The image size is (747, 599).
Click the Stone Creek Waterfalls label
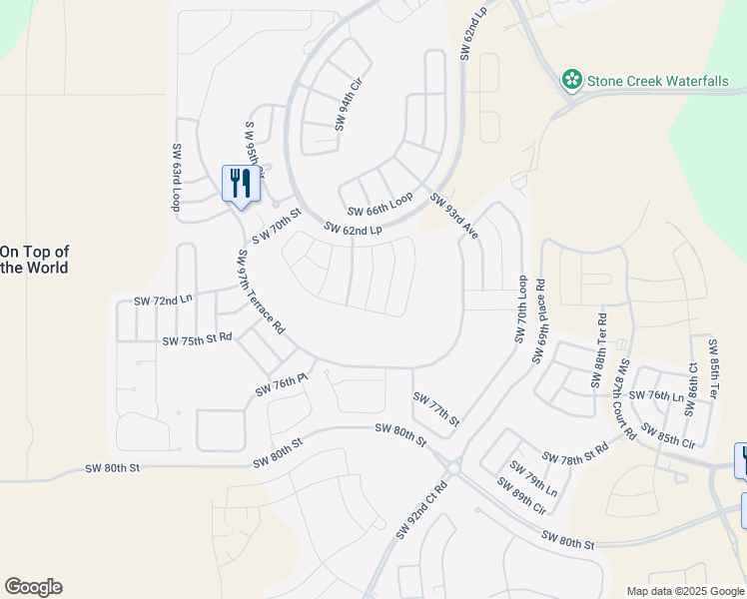tap(657, 80)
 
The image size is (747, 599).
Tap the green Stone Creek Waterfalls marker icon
tap(572, 79)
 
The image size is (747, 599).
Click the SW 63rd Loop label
tap(176, 178)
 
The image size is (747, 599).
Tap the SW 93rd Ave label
tap(455, 216)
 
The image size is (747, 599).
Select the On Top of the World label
tap(34, 260)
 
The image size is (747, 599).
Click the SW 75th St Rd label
tap(197, 339)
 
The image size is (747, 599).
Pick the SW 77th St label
tap(436, 409)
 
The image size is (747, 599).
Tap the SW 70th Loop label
tap(520, 310)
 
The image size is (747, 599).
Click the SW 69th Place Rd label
tap(540, 320)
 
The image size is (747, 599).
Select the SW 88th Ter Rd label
tap(599, 350)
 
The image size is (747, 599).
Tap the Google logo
tap(33, 587)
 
